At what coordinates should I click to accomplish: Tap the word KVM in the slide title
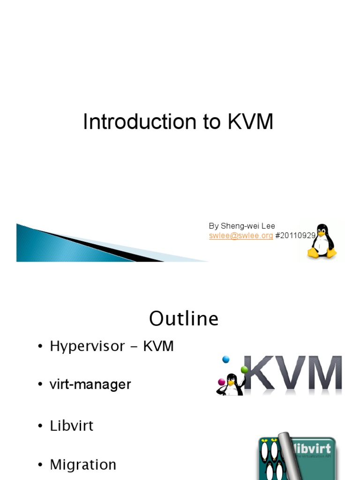(250, 122)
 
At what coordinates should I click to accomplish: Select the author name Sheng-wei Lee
(248, 226)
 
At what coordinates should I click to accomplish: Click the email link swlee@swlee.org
(240, 235)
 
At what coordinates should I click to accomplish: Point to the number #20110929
(295, 235)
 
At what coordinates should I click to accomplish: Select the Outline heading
(184, 319)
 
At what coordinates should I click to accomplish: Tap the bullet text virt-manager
(90, 385)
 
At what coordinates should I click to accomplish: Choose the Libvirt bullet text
(72, 426)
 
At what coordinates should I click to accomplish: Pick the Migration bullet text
(83, 465)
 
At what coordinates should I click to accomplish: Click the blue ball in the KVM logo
(226, 360)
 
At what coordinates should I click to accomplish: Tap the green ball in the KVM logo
(244, 369)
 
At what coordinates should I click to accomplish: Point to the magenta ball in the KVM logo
(222, 382)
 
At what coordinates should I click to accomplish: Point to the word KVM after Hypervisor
(158, 347)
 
